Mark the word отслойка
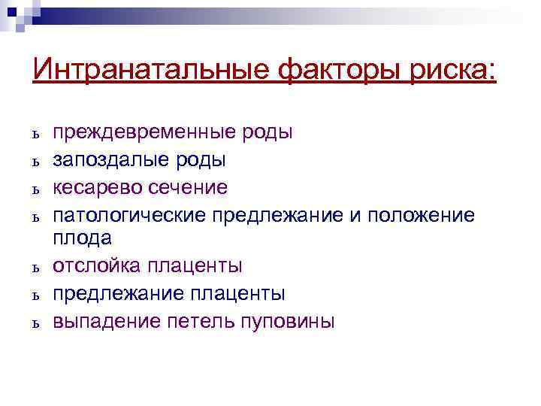pyautogui.click(x=94, y=266)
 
